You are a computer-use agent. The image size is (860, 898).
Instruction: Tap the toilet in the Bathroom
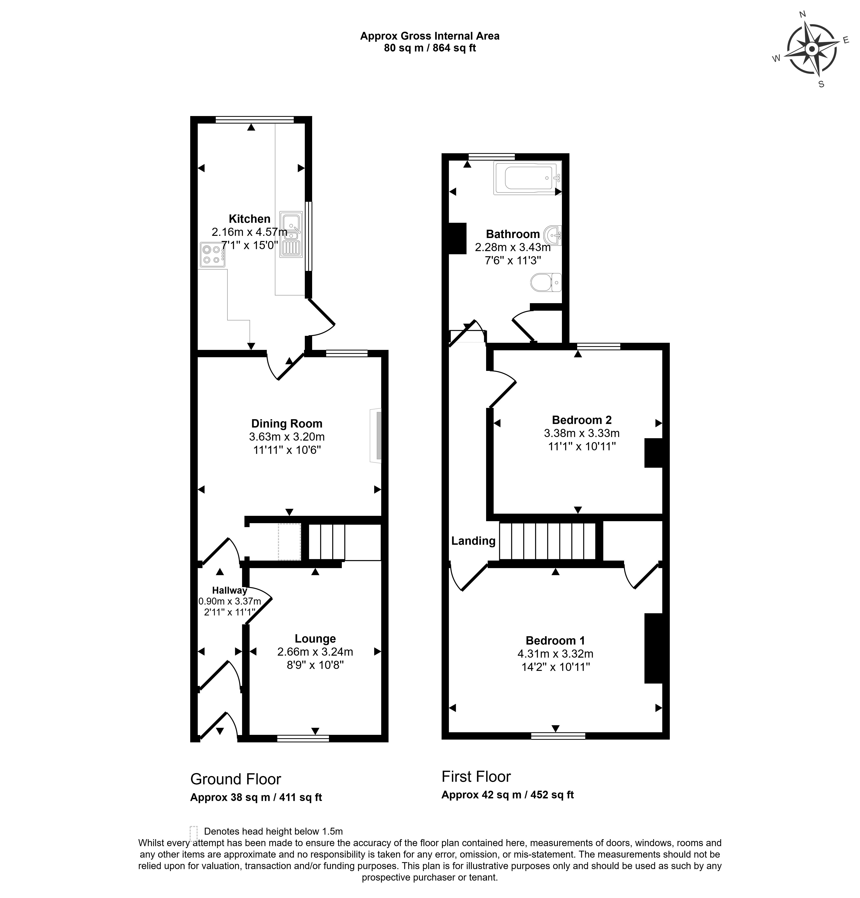click(x=546, y=282)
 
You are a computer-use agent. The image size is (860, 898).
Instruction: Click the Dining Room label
click(x=287, y=423)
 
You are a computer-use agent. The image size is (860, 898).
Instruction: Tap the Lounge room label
click(x=315, y=639)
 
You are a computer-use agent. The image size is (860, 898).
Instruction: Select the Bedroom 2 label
click(x=582, y=420)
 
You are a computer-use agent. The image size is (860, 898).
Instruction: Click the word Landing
click(x=473, y=541)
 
